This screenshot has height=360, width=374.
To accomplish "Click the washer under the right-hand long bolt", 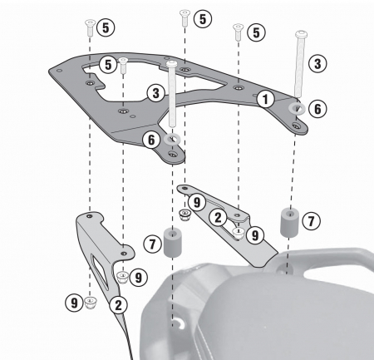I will pos(296,107).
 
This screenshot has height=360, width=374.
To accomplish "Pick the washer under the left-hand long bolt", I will pos(173,139).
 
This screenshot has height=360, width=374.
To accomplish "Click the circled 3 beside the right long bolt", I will pos(317,62).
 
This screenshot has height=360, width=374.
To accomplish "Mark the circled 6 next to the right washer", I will pos(317,107).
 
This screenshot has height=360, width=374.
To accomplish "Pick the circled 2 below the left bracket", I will pos(119,304).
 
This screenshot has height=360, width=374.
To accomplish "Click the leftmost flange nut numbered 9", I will pos(89,301).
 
